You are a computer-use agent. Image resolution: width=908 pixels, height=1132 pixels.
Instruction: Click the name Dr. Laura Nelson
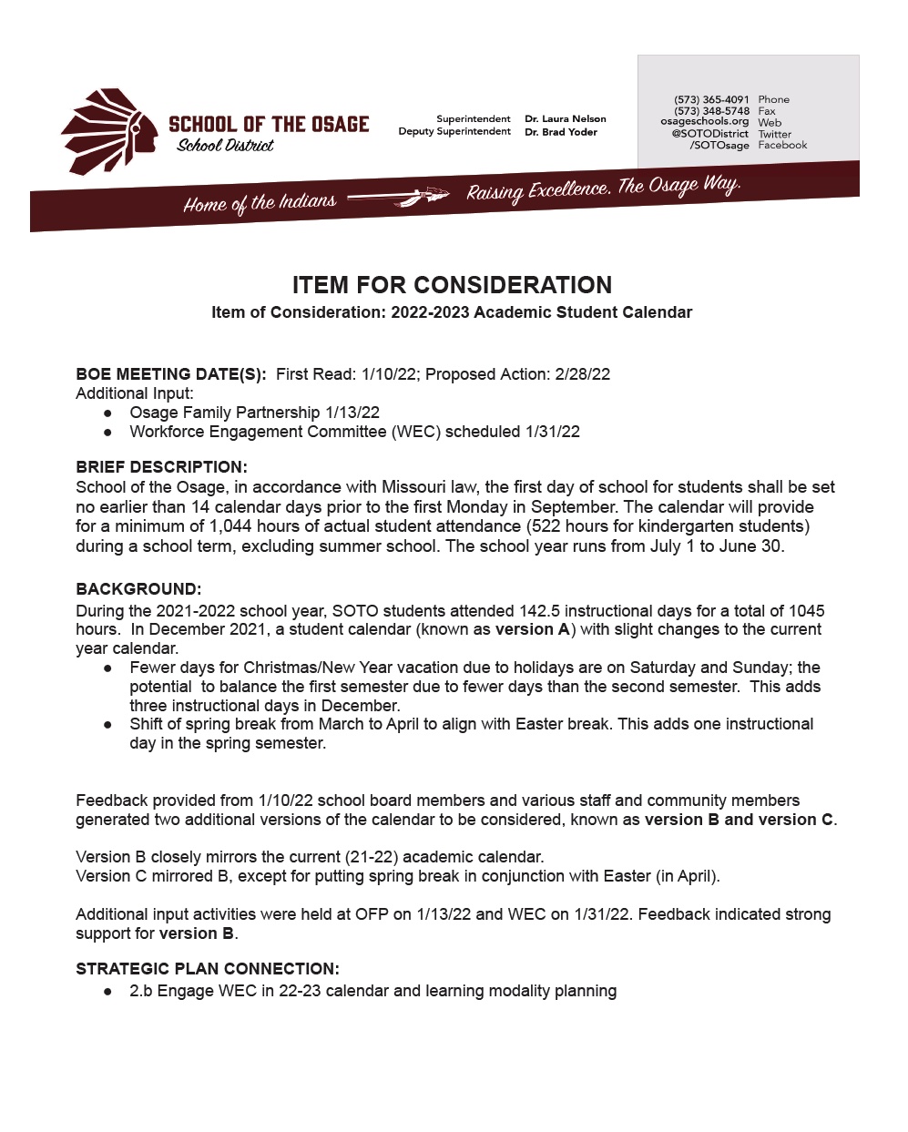click(565, 118)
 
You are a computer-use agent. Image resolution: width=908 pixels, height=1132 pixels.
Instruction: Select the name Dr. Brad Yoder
click(560, 132)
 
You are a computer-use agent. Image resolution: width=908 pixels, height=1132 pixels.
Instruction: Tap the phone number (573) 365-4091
click(711, 99)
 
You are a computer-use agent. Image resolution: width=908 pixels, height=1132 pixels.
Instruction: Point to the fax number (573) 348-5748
click(711, 111)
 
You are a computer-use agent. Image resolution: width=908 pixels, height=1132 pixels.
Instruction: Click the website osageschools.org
click(704, 122)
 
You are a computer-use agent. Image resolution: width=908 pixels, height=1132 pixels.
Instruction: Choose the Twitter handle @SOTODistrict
click(709, 134)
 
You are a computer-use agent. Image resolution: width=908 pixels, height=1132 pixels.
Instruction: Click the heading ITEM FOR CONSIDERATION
click(452, 285)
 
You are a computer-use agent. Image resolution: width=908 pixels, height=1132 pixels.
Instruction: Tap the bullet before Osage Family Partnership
click(108, 413)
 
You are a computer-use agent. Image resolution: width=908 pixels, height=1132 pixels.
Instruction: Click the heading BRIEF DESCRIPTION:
click(161, 467)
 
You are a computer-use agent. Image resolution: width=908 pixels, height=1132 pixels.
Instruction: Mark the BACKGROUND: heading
click(138, 589)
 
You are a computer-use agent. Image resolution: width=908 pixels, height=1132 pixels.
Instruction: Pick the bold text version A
click(532, 629)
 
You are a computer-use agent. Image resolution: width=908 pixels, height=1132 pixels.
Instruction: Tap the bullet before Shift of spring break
click(108, 725)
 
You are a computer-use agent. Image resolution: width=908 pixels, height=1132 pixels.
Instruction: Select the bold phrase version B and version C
click(739, 820)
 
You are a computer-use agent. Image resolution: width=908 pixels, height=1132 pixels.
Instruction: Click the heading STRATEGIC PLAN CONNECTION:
click(208, 969)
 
